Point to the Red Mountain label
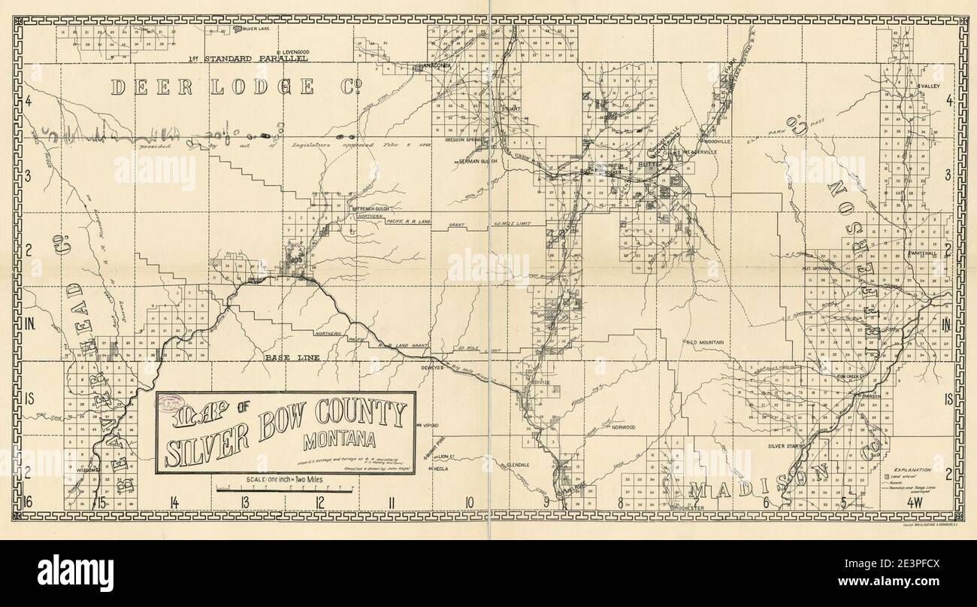[705, 342]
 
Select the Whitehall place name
[922, 253]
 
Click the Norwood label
[623, 427]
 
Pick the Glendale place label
[518, 465]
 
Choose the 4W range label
[915, 502]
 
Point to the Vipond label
[430, 425]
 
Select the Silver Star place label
[785, 446]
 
